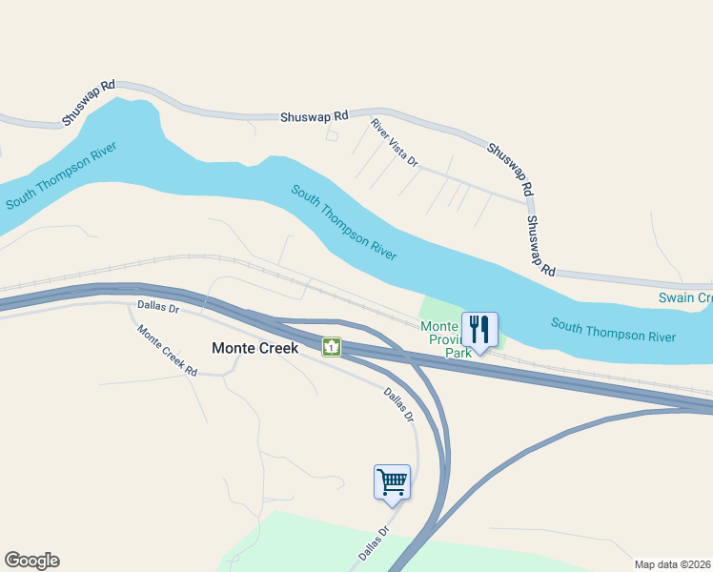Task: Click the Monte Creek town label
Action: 255,348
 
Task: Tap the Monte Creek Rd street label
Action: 167,351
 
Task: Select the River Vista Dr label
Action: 395,143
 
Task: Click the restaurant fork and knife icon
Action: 479,330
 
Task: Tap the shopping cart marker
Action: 392,481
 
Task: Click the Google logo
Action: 31,561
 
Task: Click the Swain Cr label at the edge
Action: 685,298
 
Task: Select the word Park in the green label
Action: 458,353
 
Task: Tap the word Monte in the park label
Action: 439,326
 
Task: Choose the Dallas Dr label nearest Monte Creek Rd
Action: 158,308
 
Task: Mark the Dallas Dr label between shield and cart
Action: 399,404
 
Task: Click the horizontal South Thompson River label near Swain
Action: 613,331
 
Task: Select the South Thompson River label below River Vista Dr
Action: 343,223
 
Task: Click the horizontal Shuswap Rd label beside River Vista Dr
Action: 314,116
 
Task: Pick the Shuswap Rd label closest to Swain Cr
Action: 540,245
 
